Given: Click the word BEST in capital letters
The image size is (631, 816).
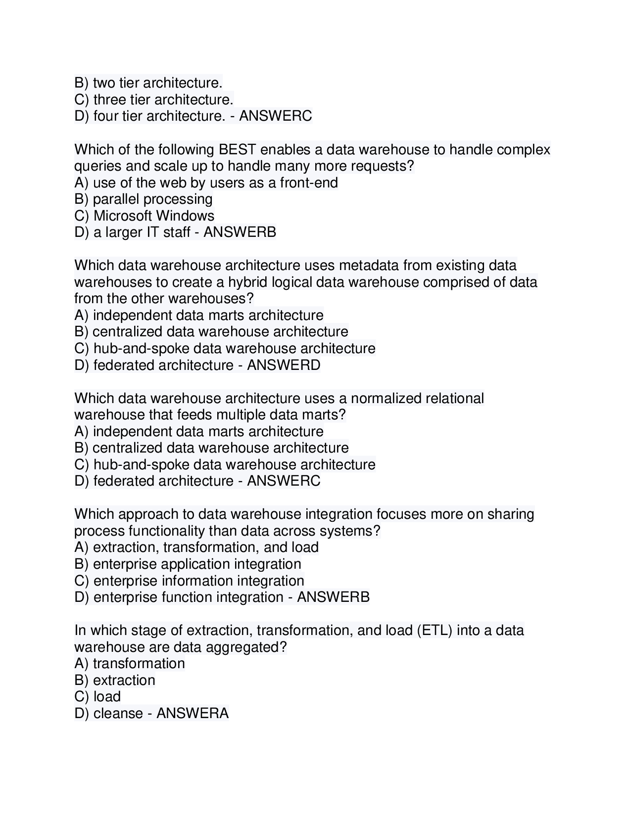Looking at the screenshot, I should point(237,149).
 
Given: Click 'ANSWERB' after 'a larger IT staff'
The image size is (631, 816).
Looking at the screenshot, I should point(240,232).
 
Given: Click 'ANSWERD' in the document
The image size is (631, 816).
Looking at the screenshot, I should point(284,365).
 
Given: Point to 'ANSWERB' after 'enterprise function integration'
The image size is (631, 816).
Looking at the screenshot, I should point(333,597).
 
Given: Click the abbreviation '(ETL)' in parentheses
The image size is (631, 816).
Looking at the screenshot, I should point(435,631).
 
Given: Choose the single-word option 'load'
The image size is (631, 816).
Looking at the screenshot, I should point(107,697).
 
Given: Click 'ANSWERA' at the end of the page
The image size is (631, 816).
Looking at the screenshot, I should point(193,713).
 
